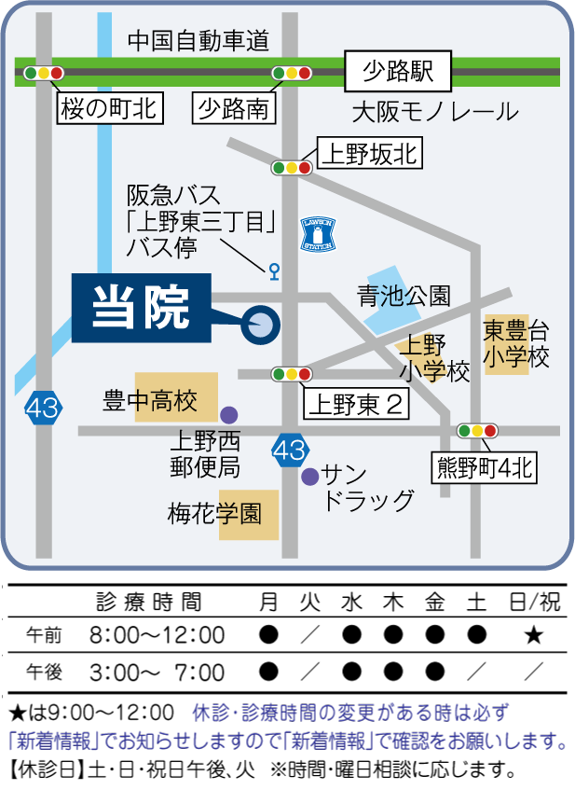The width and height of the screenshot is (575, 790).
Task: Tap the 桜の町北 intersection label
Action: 110,109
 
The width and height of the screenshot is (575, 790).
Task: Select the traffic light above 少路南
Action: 290,73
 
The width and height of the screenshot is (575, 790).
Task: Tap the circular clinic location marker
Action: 260,326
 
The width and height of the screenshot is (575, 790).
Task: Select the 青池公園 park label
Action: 404,297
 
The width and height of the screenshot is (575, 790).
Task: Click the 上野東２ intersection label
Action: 354,404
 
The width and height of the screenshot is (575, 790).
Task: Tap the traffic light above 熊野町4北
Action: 477,431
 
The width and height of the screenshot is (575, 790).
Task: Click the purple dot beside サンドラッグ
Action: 309,477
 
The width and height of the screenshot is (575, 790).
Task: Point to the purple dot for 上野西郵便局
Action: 228,413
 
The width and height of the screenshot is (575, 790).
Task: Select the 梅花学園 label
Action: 215,513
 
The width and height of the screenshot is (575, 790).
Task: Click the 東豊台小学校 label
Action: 515,343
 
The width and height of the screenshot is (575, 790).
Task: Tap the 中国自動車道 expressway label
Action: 199,40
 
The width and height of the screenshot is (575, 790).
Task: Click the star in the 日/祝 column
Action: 533,636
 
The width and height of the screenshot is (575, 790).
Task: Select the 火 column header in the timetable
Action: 309,603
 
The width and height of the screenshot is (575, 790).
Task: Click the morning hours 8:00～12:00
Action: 157,636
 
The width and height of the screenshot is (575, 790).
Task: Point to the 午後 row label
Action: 44,672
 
